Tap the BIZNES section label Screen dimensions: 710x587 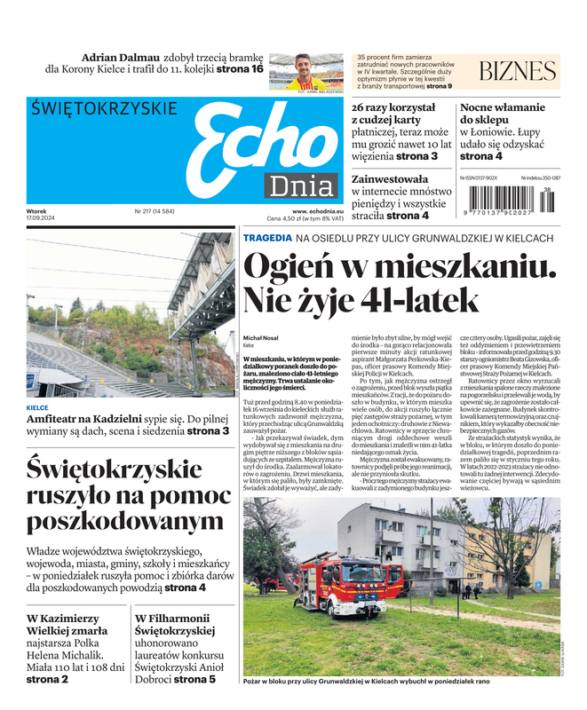(518, 72)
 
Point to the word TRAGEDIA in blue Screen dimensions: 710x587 (266, 238)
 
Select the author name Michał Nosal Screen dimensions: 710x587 (261, 337)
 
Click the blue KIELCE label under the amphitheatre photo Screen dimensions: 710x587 (38, 408)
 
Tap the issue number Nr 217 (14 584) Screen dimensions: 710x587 (155, 211)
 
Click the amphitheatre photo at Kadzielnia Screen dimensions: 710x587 (131, 315)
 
